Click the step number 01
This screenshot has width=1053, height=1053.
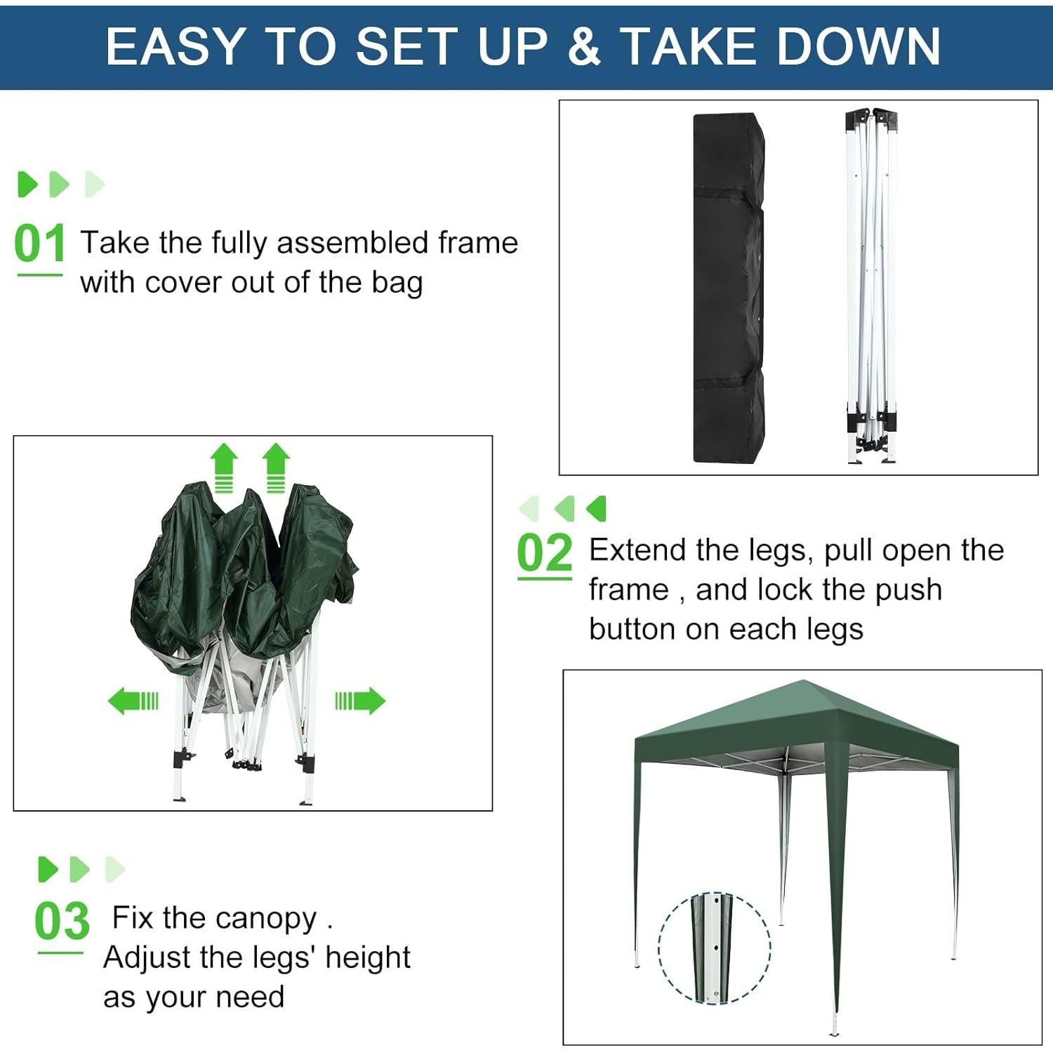pyautogui.click(x=39, y=244)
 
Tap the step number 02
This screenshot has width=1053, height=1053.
pyautogui.click(x=545, y=553)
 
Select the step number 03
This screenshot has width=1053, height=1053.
pyautogui.click(x=62, y=921)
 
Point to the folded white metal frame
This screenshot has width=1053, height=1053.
pyautogui.click(x=871, y=288)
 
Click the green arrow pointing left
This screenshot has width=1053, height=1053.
pyautogui.click(x=133, y=701)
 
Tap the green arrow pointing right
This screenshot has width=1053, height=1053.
pyautogui.click(x=360, y=701)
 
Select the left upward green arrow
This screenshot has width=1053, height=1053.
pyautogui.click(x=224, y=467)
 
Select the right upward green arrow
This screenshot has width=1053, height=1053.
pyautogui.click(x=276, y=467)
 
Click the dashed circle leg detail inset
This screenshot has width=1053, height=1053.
pyautogui.click(x=714, y=948)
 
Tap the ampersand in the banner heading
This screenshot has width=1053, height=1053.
pyautogui.click(x=584, y=47)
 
